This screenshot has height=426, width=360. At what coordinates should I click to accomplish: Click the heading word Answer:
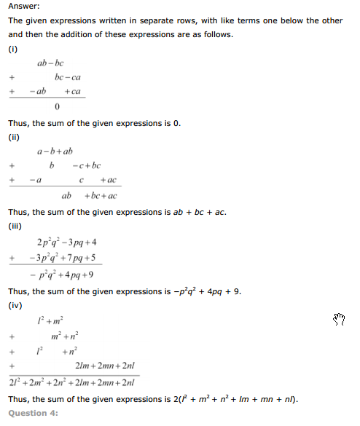26,6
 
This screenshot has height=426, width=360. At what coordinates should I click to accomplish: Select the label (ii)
13,136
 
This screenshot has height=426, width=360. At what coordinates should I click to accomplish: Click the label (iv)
15,305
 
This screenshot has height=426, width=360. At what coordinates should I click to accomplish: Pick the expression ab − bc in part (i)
50,63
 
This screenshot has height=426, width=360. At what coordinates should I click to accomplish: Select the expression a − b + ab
55,151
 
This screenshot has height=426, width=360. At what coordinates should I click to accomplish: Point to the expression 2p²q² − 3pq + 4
66,242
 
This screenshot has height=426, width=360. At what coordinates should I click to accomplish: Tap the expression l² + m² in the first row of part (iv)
50,321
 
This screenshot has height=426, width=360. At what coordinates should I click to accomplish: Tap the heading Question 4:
33,414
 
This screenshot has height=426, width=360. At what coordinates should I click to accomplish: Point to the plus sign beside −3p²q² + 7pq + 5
12,259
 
